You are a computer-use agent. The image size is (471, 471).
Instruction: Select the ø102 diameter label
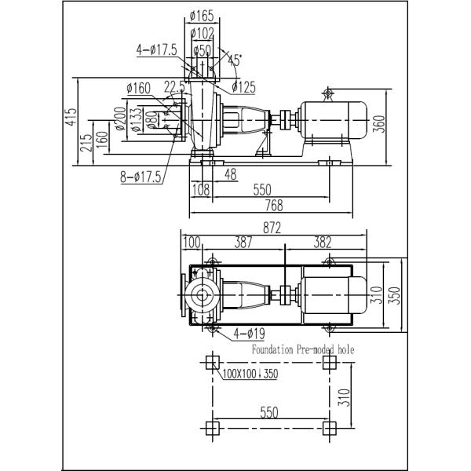click(203, 33)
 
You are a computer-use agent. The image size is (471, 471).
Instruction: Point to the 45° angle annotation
click(233, 58)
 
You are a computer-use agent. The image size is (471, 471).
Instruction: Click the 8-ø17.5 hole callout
click(140, 178)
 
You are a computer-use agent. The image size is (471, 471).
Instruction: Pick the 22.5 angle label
click(173, 86)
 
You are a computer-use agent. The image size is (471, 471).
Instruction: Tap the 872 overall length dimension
click(272, 228)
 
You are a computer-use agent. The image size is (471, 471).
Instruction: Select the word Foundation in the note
click(274, 350)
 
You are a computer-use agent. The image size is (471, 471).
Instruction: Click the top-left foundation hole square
click(210, 363)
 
